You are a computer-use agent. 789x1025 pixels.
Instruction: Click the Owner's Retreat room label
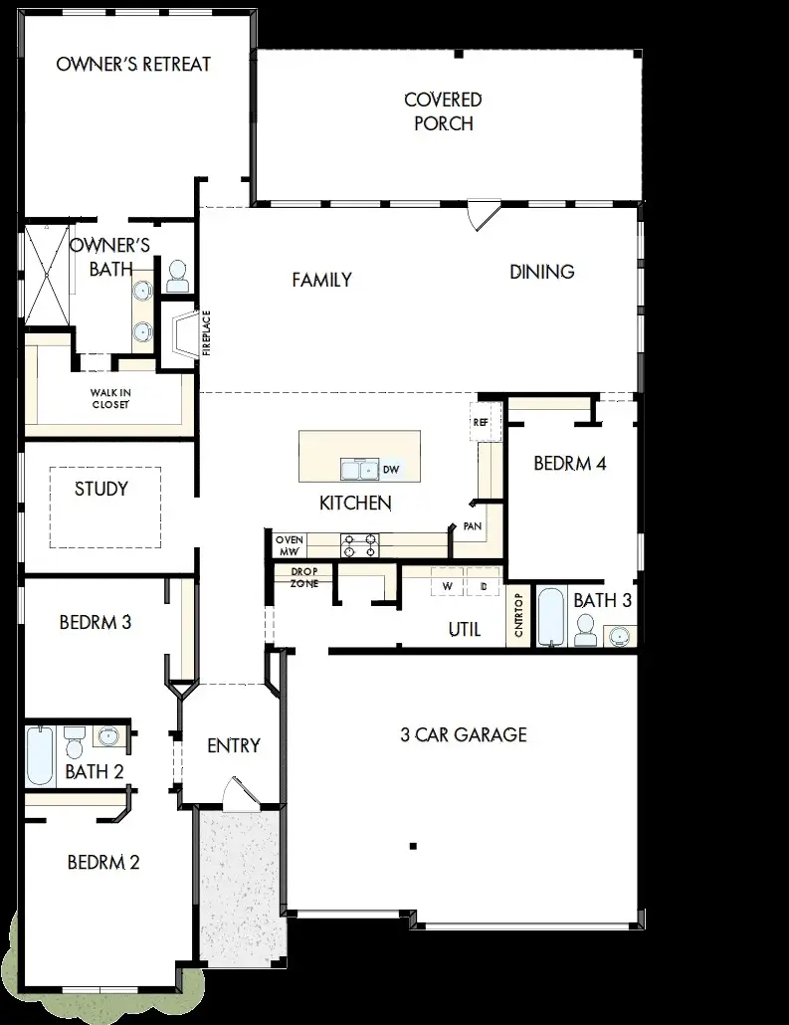coord(133,65)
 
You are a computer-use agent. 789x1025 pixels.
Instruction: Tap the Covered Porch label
coord(444,111)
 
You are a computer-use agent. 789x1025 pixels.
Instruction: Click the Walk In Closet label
coord(110,398)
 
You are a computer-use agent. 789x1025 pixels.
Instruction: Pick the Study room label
coord(101,489)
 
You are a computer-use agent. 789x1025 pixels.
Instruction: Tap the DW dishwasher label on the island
coord(391,469)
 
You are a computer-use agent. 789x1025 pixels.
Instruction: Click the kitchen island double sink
coord(358,469)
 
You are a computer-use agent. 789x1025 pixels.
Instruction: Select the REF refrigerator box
coord(482,422)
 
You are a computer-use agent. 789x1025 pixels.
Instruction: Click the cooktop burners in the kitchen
coord(359,544)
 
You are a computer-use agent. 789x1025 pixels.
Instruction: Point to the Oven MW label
coord(289,544)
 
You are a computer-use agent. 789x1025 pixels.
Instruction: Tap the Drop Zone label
coord(303,577)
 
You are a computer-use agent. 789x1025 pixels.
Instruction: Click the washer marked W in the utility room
coord(447,587)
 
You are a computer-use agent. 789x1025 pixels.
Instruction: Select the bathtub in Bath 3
coord(550,618)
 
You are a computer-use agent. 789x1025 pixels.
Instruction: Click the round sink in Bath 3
coord(621,634)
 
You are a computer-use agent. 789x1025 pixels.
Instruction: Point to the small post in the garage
coord(412,847)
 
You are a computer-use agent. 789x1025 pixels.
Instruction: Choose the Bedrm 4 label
coord(570,463)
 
